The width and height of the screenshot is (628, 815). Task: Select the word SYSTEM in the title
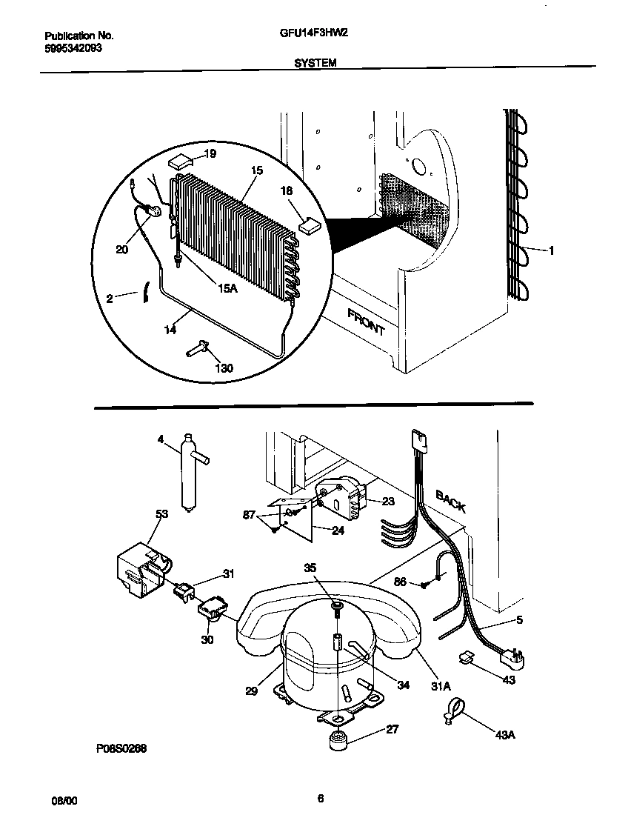pos(315,64)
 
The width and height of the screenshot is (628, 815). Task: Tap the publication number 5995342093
pos(73,47)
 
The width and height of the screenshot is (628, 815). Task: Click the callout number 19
pos(210,154)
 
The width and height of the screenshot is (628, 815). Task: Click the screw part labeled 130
pos(198,347)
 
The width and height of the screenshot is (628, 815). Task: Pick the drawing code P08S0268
pos(121,749)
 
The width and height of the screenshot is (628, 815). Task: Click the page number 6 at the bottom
pos(320,799)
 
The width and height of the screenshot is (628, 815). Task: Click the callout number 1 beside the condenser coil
pos(550,250)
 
